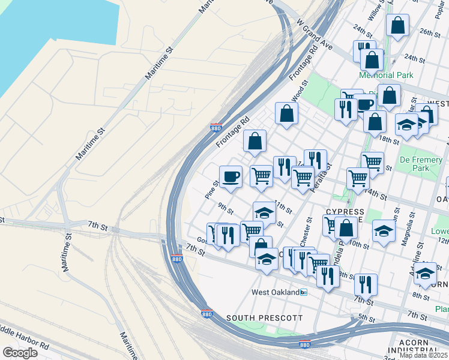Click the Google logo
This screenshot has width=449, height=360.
pyautogui.click(x=20, y=352)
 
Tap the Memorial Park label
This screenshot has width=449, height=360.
pyautogui.click(x=386, y=76)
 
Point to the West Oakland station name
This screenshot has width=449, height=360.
pyautogui.click(x=275, y=292)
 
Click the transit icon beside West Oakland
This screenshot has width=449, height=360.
pyautogui.click(x=304, y=292)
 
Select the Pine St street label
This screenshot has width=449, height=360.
pyautogui.click(x=211, y=190)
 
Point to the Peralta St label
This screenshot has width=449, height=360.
pyautogui.click(x=327, y=175)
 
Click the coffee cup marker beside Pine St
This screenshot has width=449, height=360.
pyautogui.click(x=231, y=176)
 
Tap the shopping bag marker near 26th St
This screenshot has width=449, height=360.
pyautogui.click(x=397, y=26)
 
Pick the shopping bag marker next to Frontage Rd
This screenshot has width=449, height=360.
pyautogui.click(x=255, y=141)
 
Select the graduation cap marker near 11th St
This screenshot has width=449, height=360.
pyautogui.click(x=264, y=212)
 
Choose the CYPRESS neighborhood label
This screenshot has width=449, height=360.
pyautogui.click(x=345, y=212)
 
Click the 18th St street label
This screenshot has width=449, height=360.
pyautogui.click(x=389, y=140)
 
